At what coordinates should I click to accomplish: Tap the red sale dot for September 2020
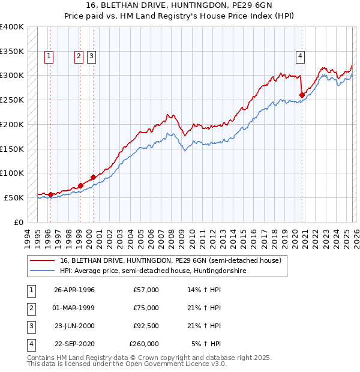coord(302,95)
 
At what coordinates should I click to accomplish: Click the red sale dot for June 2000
coord(94,177)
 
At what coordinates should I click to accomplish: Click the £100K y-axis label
coord(12,173)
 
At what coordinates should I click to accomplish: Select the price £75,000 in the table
coord(146,308)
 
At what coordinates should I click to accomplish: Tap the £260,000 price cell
coord(144,344)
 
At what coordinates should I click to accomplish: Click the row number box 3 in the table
coord(31,326)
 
